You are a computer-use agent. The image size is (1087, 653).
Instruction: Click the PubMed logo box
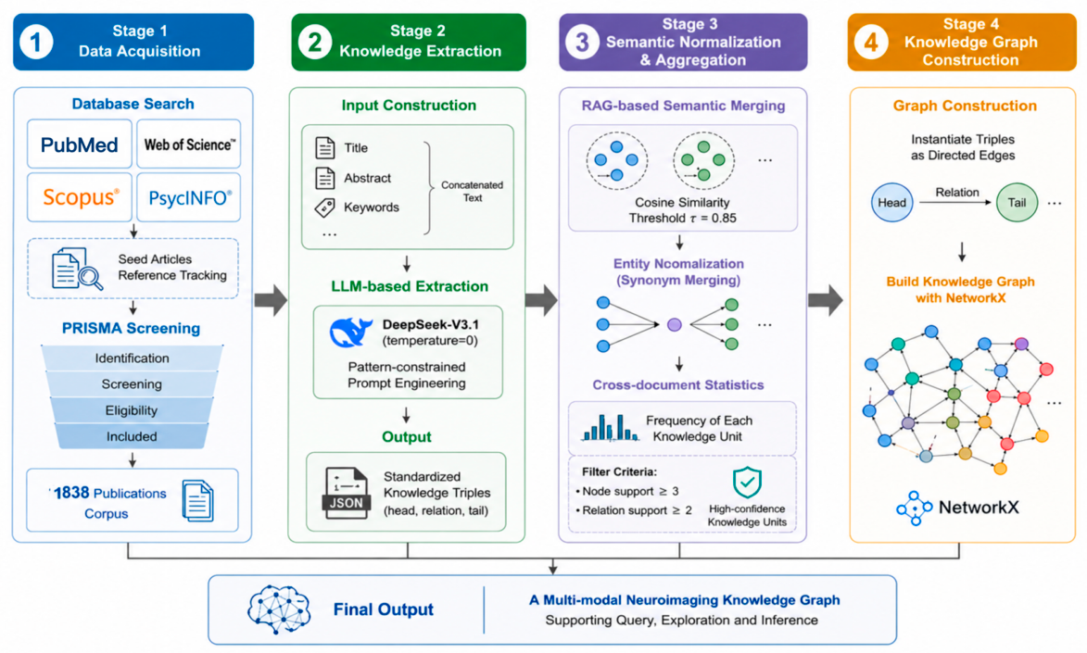(x=79, y=144)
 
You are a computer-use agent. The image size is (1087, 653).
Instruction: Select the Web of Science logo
(x=189, y=144)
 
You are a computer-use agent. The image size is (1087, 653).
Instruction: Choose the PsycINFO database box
(x=189, y=197)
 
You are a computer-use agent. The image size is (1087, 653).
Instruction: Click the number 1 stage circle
(x=36, y=43)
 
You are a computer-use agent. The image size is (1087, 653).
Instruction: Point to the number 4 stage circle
(x=871, y=43)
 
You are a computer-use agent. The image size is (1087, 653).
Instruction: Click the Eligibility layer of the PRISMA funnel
(x=132, y=410)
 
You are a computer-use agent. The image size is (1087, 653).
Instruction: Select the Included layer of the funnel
(x=132, y=436)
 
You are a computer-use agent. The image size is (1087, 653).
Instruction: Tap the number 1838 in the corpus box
(x=71, y=493)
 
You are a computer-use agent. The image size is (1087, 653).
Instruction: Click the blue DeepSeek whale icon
(x=351, y=332)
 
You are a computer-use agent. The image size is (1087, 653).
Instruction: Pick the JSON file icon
(x=346, y=493)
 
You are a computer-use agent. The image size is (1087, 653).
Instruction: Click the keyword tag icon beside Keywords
(x=324, y=207)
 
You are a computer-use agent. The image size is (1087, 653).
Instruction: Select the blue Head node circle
(x=892, y=203)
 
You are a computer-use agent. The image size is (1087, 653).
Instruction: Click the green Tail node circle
(x=1017, y=203)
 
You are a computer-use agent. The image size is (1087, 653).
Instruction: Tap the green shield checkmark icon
(x=747, y=483)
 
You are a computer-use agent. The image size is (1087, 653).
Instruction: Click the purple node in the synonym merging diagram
(x=674, y=324)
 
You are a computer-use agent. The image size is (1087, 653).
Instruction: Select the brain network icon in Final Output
(x=279, y=609)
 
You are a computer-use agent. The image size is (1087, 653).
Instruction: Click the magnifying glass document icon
(x=77, y=269)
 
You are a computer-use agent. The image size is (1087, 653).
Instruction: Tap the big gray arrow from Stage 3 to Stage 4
(x=826, y=300)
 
